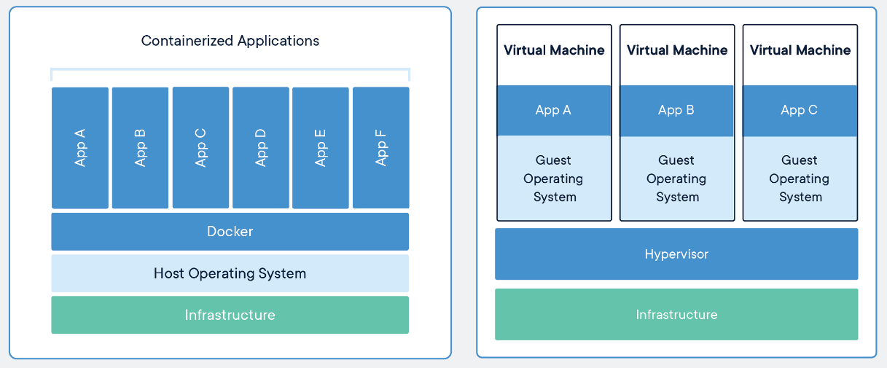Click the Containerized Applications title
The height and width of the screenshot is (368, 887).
(230, 41)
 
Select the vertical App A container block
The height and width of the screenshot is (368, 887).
(80, 148)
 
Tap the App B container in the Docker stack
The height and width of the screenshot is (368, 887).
(140, 148)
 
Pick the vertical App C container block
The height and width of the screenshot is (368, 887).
(200, 148)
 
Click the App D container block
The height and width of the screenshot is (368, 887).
(261, 148)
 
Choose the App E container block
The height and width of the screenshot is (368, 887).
(321, 148)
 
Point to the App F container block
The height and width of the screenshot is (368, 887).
(381, 148)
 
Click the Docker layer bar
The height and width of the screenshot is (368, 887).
(230, 232)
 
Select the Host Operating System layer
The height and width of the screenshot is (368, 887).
(230, 273)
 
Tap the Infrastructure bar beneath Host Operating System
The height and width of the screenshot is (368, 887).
(230, 315)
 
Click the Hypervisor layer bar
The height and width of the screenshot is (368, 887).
(676, 254)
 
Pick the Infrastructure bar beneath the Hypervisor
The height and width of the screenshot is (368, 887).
(676, 315)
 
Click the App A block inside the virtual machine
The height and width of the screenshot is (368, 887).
(554, 111)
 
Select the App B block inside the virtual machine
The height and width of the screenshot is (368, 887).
(677, 111)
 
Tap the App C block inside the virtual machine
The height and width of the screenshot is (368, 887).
(800, 111)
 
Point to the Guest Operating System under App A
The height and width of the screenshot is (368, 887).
(554, 179)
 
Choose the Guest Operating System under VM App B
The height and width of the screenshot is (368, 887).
(677, 179)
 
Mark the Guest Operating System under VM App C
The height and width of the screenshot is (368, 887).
(800, 179)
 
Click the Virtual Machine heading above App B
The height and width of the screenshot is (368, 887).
(677, 50)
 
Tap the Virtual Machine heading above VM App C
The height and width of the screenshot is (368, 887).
(800, 50)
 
